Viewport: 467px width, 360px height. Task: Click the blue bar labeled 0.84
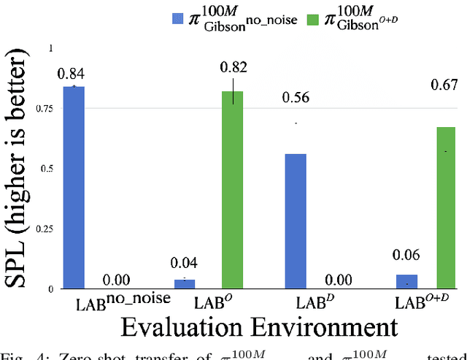point(73,188)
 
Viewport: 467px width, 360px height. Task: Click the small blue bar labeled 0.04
point(185,283)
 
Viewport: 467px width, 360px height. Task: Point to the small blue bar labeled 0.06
point(407,281)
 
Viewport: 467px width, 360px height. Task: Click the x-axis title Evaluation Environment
point(248,326)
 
